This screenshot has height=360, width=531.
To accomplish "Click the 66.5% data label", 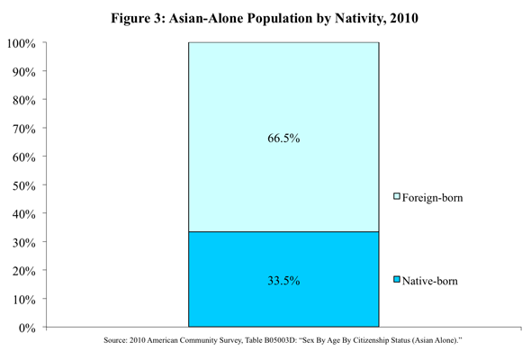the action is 283,139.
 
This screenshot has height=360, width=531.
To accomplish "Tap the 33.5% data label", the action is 283,281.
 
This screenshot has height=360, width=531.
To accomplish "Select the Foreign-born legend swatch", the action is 397,196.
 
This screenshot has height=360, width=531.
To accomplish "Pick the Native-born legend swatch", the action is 397,280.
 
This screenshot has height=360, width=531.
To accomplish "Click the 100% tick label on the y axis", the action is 22,43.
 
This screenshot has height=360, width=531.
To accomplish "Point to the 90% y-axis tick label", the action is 24,72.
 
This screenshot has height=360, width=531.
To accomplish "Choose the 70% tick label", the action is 24,129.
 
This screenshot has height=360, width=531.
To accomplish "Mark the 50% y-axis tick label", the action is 24,185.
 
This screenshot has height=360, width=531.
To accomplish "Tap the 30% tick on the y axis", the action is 24,242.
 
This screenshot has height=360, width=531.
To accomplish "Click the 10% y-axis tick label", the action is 24,300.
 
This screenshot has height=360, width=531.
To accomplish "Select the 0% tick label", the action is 27,328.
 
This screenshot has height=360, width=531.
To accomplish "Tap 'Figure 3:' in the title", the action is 138,18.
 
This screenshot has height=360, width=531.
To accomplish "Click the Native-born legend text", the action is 429,281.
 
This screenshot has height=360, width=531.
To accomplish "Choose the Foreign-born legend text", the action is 433,197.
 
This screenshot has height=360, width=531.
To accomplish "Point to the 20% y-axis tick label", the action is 24,271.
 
